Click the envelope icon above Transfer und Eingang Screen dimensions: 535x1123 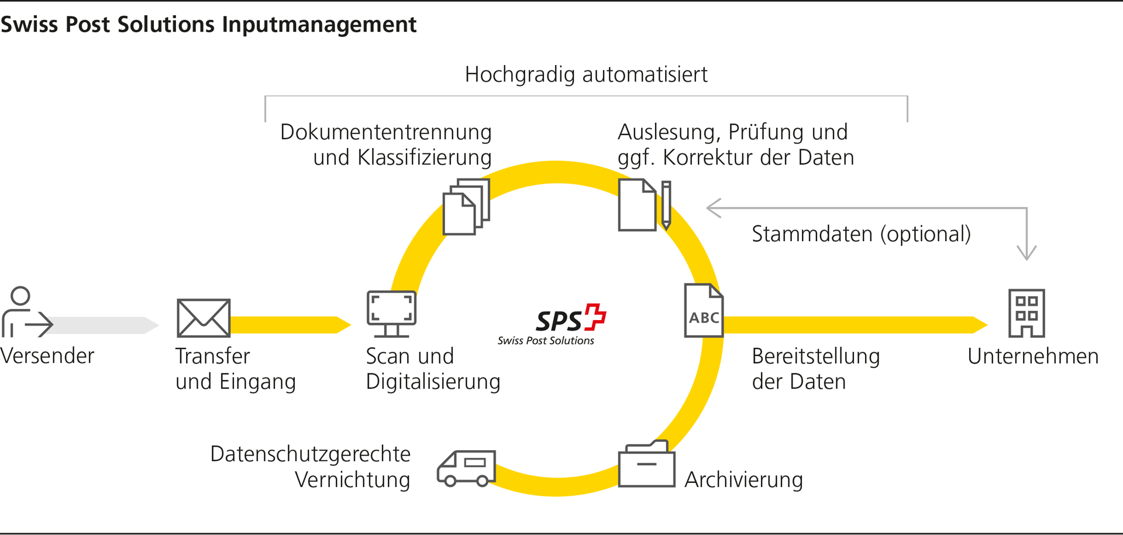204,318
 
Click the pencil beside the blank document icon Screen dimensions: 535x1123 666,204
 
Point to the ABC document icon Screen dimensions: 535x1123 704,311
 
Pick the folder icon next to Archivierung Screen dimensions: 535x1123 646,465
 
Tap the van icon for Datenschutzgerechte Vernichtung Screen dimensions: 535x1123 466,468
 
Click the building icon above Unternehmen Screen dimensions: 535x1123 1026,313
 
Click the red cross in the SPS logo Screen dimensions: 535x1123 595,317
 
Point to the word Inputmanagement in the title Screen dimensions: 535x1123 319,25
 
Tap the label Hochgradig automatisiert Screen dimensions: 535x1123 586,75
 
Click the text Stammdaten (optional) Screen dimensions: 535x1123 861,234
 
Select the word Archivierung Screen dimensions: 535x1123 743,480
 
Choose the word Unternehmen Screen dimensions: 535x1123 1033,356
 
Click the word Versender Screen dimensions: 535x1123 47,356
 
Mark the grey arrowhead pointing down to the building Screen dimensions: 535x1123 1026,252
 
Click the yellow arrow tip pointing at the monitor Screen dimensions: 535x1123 344,324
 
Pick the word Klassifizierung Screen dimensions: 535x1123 425,157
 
